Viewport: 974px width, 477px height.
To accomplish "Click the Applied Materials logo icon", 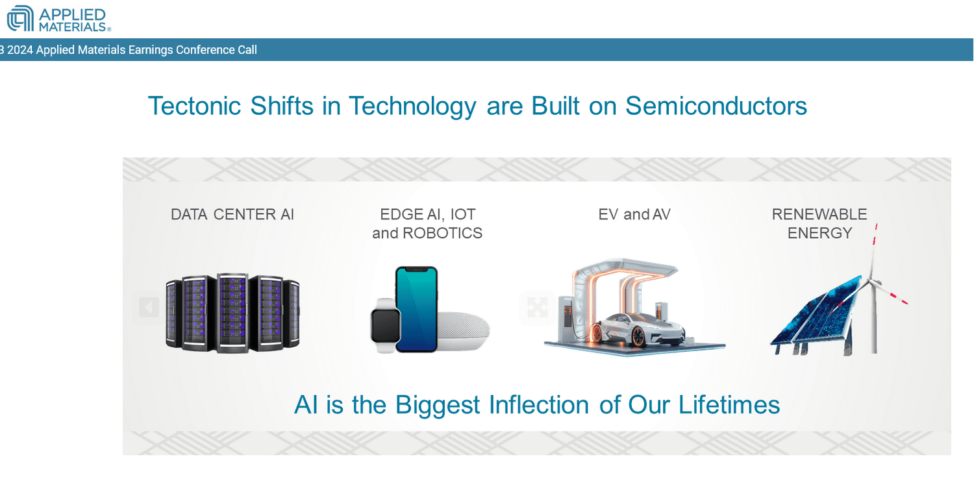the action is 20,18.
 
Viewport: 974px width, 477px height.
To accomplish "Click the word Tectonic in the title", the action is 194,106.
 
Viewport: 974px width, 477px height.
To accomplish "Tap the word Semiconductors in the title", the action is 716,106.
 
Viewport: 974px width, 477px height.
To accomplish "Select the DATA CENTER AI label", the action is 232,214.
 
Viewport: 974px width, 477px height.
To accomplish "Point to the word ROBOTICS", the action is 443,233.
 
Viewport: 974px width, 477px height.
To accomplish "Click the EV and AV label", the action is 634,214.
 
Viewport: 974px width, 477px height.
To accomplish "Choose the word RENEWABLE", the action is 819,214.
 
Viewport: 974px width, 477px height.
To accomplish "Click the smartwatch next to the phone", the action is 385,325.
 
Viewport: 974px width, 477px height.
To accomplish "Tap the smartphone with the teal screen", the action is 416,309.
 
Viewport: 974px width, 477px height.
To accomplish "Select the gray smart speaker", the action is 464,330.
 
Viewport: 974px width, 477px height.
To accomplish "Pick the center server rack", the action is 232,312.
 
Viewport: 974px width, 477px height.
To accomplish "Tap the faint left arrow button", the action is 149,308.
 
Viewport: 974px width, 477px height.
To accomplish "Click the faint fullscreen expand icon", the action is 538,308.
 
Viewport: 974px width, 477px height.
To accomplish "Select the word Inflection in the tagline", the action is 539,405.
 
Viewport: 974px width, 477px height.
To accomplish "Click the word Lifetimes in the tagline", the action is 729,405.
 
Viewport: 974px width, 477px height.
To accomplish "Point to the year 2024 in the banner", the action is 20,50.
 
